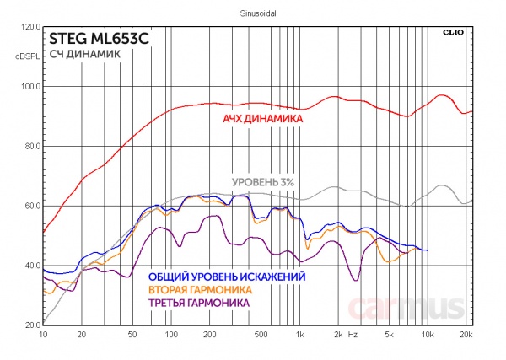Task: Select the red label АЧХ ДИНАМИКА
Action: coord(262,119)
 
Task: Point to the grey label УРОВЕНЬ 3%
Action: coord(262,183)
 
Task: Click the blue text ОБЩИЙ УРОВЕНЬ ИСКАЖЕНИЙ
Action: coord(226,276)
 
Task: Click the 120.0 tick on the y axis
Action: coord(30,27)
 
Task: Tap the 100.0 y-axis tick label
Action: coord(30,87)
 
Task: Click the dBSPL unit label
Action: coord(28,56)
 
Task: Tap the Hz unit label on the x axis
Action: coord(353,335)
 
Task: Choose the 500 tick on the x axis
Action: coord(260,335)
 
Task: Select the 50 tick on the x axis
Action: coord(132,335)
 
